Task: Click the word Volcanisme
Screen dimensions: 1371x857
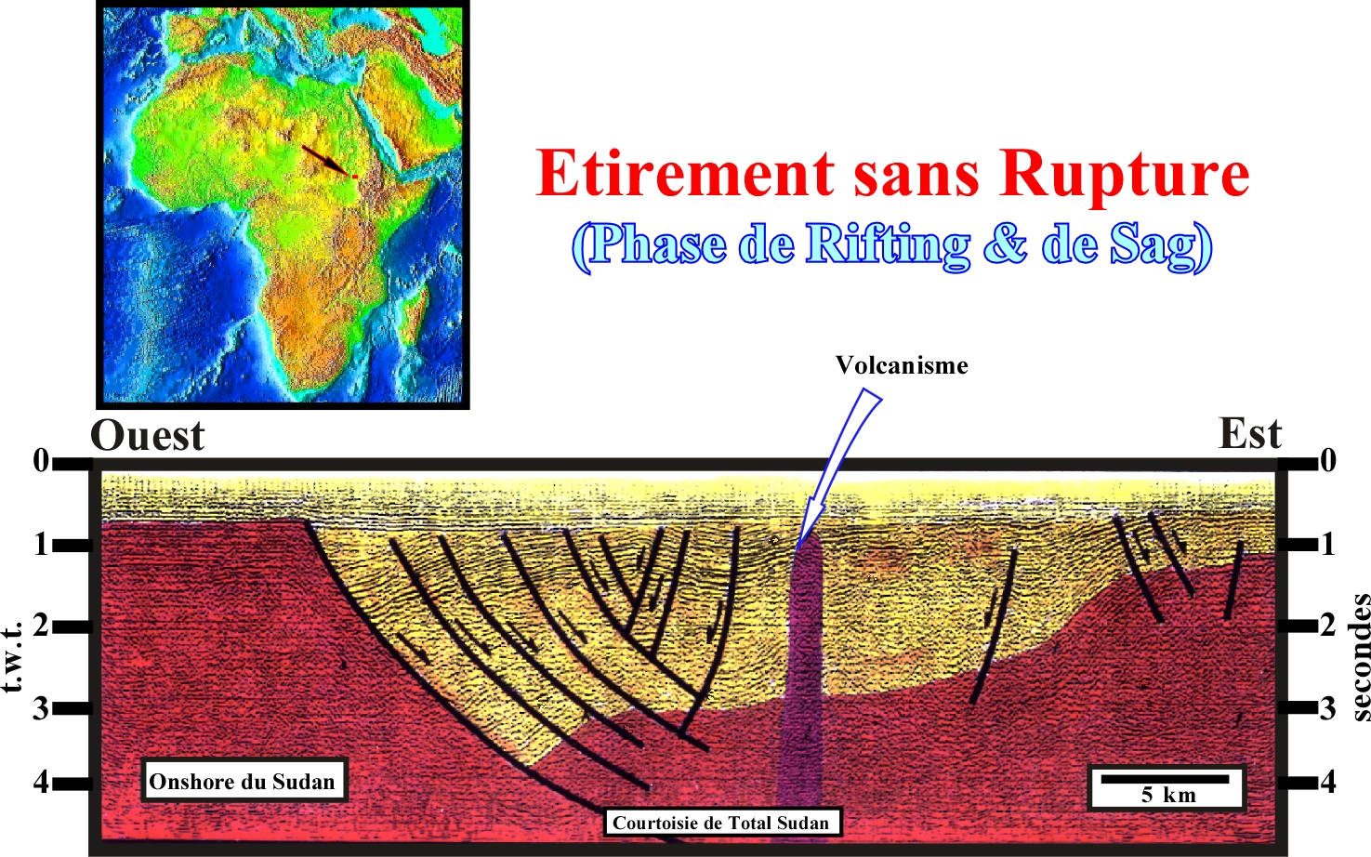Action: click(x=903, y=365)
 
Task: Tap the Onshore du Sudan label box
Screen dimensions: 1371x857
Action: click(x=244, y=781)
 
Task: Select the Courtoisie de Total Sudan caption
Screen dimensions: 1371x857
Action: click(x=721, y=822)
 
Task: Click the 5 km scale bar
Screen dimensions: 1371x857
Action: click(x=1165, y=779)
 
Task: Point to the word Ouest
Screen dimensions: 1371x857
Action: click(x=147, y=435)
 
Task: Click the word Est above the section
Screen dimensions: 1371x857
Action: click(x=1250, y=434)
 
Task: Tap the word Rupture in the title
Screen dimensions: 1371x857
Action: click(x=1124, y=174)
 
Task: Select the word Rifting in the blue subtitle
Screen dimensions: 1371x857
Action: click(x=887, y=244)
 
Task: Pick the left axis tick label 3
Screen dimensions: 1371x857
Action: click(x=40, y=708)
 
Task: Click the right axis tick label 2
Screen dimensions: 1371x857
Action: click(x=1327, y=626)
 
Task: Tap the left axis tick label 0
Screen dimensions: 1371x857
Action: click(x=40, y=461)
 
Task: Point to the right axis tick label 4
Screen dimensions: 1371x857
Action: click(x=1327, y=782)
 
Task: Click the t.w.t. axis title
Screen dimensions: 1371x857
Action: click(x=12, y=657)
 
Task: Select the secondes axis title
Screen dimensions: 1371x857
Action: click(x=1360, y=658)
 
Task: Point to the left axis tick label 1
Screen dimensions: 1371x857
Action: click(x=41, y=544)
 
